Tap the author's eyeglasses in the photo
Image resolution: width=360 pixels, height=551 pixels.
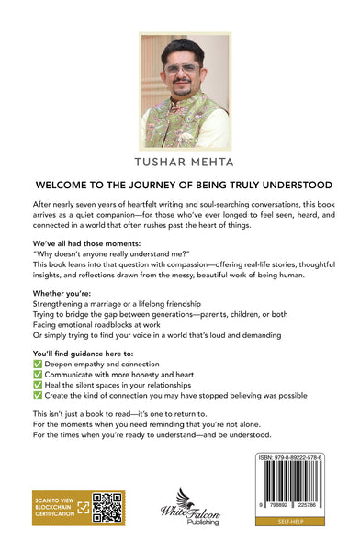coord(183,68)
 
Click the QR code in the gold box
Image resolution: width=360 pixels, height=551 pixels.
coord(107,508)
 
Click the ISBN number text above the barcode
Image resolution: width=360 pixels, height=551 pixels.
coord(290,456)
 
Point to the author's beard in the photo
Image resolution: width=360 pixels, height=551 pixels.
coord(185,86)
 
